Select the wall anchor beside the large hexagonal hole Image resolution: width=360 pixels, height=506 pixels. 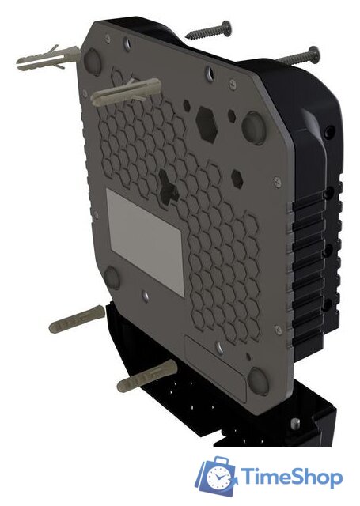(x=127, y=93)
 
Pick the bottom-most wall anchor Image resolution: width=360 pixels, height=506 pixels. (x=146, y=379)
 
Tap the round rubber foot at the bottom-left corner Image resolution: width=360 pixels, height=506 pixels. (x=112, y=276)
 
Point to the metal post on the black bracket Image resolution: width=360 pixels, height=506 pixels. (x=294, y=425)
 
